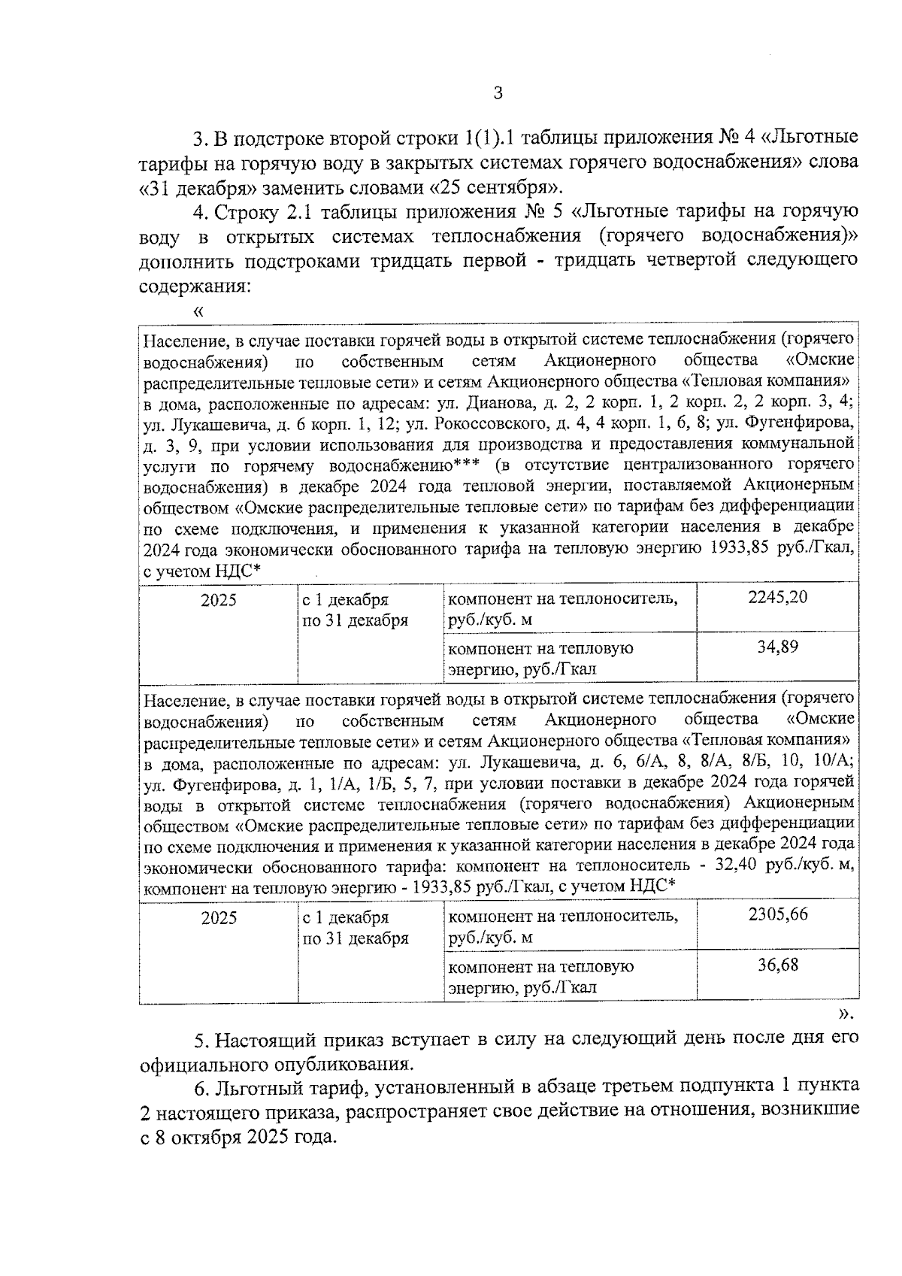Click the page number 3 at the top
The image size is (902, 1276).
(x=497, y=93)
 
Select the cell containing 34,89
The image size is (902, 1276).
(x=777, y=647)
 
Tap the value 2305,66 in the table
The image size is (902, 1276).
(x=777, y=915)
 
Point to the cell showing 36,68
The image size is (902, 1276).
(x=777, y=964)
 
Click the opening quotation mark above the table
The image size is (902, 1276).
(x=198, y=311)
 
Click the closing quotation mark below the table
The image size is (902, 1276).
(x=846, y=1014)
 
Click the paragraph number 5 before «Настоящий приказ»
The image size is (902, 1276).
(x=200, y=1041)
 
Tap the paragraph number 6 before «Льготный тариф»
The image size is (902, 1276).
(x=200, y=1088)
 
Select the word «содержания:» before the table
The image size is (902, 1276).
(x=194, y=286)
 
